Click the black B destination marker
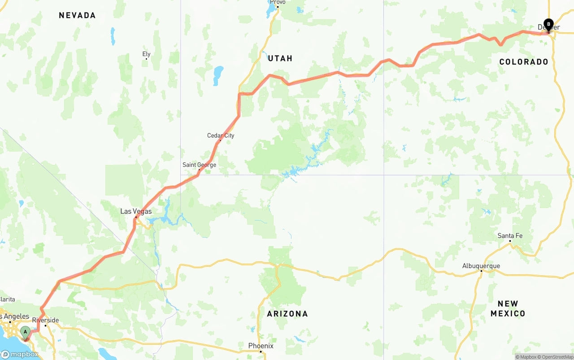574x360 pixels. (x=548, y=24)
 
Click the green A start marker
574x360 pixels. (x=26, y=333)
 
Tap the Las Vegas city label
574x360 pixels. (x=136, y=211)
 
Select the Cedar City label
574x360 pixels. (x=221, y=135)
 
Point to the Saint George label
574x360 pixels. (x=199, y=165)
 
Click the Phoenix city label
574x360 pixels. (x=261, y=346)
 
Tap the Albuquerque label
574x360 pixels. (x=481, y=266)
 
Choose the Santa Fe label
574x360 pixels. (x=510, y=236)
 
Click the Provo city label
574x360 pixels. (x=278, y=2)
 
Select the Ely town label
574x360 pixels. (x=146, y=54)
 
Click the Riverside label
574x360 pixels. (x=45, y=320)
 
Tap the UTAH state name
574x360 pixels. (x=280, y=58)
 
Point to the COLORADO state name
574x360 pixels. (x=524, y=62)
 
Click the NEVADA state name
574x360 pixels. (x=77, y=15)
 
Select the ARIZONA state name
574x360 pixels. (x=287, y=314)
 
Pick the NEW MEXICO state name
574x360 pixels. (x=508, y=308)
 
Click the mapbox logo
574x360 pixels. (x=19, y=354)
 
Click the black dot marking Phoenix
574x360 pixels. (x=261, y=351)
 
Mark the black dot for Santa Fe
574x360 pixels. (x=510, y=241)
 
